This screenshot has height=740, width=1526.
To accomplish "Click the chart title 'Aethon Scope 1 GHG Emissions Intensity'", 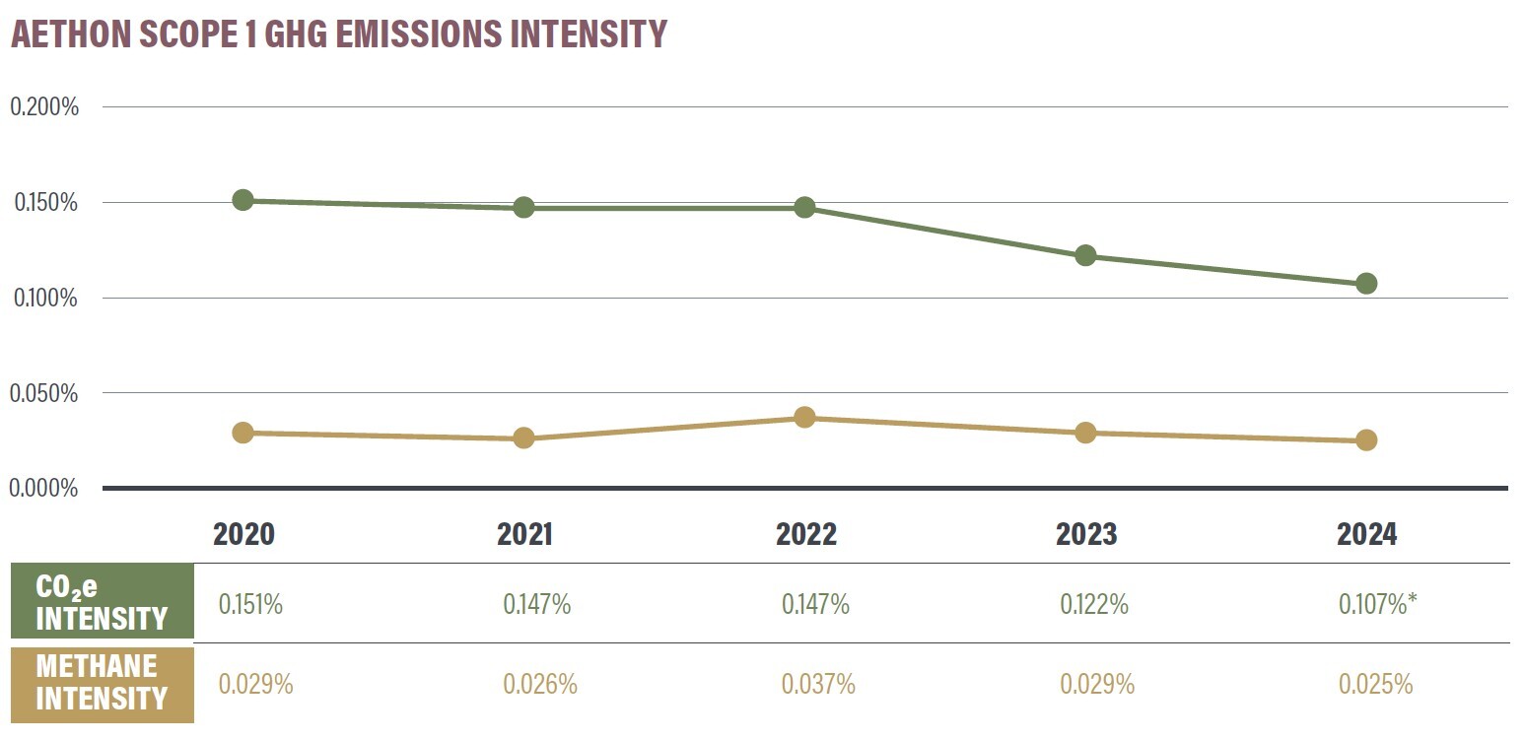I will click(339, 34).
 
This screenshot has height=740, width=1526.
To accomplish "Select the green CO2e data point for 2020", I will click(243, 200).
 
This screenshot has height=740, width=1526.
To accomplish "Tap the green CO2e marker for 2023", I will click(1085, 255).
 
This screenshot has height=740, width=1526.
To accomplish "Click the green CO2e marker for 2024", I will click(1366, 284).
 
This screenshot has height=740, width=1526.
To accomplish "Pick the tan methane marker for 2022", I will click(804, 417).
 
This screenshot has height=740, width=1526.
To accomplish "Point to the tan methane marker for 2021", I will click(523, 437).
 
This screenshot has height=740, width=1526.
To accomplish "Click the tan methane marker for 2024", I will click(1366, 439).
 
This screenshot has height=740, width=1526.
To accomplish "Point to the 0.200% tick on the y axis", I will click(44, 107).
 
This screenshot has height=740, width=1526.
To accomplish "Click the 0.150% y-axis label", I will click(44, 203).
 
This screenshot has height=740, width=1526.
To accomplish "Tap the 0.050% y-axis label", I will click(44, 393).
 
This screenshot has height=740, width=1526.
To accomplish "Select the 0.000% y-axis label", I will click(44, 488).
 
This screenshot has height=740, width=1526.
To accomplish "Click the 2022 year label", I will click(805, 535).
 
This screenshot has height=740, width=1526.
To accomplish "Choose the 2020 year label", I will click(243, 535).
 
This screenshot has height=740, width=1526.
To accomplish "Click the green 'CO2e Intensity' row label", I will click(102, 603).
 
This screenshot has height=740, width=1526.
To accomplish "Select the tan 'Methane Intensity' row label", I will click(102, 683).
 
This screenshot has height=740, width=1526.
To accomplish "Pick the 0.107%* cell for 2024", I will click(1377, 604).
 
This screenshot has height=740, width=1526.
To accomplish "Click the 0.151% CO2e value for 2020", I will click(250, 604).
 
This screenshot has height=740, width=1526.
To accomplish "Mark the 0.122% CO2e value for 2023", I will click(1094, 604).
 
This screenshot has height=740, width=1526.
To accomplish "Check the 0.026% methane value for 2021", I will click(539, 684).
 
